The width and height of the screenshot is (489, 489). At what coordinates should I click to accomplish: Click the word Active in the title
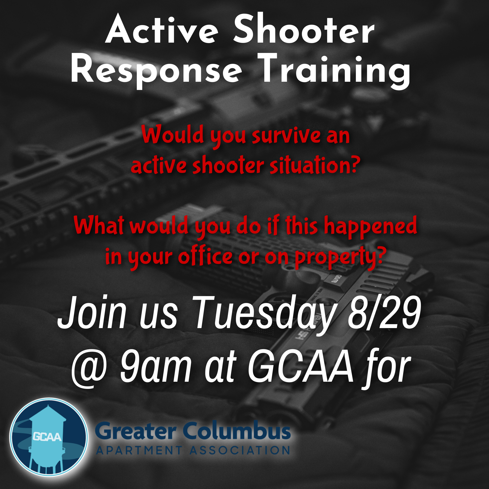pos(162,31)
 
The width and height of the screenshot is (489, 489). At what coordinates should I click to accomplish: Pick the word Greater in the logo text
pos(136,432)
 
